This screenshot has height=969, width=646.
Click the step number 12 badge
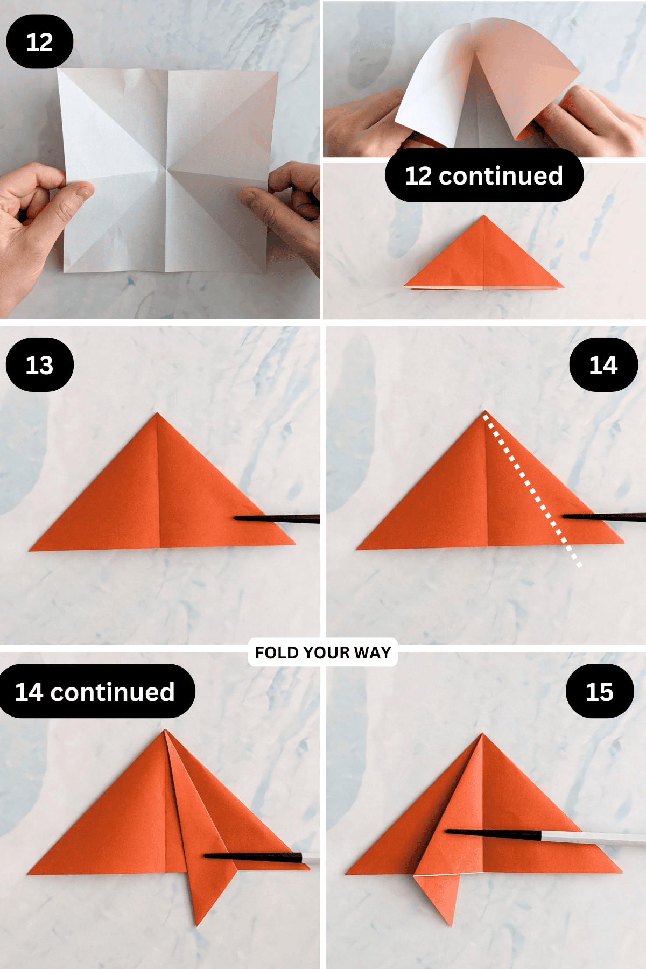39,42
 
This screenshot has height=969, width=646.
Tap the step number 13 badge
39,365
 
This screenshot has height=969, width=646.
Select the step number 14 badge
603,365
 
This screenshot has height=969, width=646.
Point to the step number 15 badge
599,691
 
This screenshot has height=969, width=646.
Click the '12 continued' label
483,175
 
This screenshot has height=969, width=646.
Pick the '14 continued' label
95,691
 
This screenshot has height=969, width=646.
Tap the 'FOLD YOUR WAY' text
322,652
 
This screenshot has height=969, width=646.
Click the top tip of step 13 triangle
157,414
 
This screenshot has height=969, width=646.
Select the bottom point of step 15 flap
451,925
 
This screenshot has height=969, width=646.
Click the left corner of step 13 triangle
31,550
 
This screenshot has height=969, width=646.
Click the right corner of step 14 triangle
623,541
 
